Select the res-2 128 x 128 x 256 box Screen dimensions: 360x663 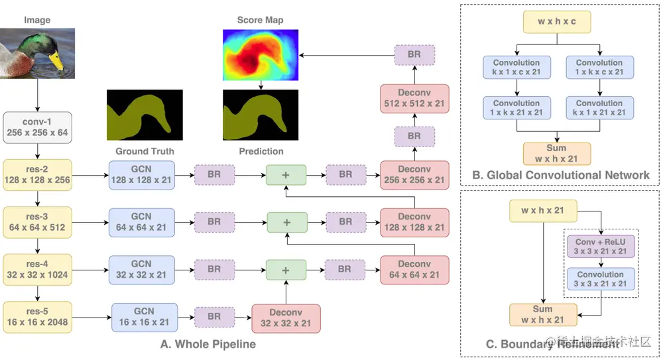coord(37,175)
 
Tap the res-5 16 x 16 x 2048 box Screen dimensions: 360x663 coord(37,317)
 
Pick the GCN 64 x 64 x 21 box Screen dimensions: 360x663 coord(141,222)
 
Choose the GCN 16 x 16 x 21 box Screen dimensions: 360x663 coord(144,317)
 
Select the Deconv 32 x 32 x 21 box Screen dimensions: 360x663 coord(286,319)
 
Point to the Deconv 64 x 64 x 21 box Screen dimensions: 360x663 coord(414,270)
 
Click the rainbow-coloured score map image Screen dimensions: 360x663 coord(261,54)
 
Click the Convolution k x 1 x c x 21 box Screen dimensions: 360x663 coord(516,68)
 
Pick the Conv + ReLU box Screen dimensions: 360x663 coord(600,246)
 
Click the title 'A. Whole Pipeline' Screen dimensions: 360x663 coord(208,345)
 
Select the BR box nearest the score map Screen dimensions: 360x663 coord(414,54)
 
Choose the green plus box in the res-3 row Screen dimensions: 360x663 coord(286,222)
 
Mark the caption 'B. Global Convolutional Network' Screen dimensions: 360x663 coord(560,175)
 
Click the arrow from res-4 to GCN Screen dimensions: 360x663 coord(90,270)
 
